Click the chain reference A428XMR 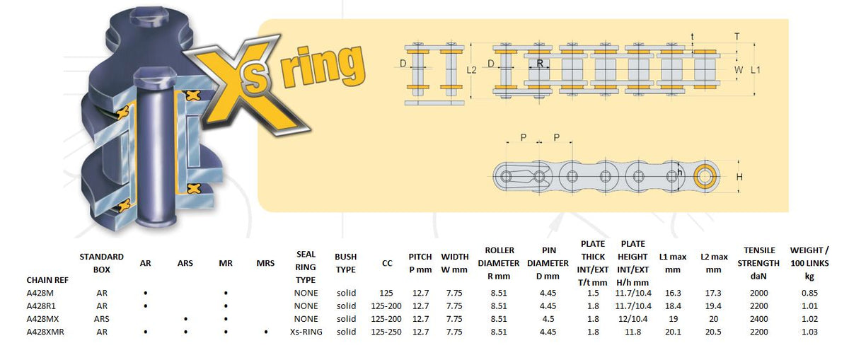point(45,332)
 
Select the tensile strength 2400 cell point(758,319)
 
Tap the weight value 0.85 point(809,293)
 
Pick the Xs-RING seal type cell point(306,332)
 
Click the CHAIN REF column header point(47,280)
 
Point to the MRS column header point(265,263)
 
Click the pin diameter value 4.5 point(548,319)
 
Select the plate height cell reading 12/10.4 point(633,319)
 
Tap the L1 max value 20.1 point(673,332)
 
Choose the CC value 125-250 point(386,332)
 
